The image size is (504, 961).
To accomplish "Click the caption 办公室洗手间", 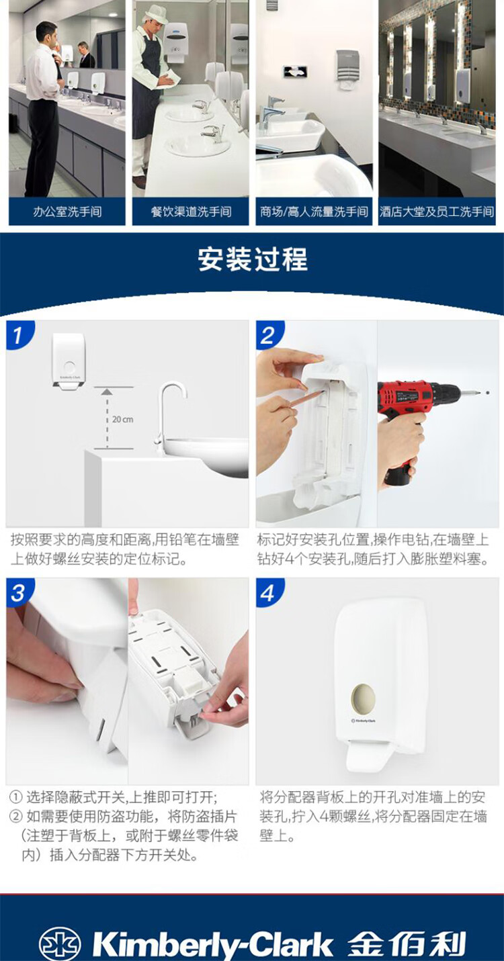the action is click(x=67, y=212).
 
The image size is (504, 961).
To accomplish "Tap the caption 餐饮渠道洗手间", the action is click(x=191, y=212).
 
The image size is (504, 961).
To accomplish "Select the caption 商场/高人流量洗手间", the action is click(x=314, y=212).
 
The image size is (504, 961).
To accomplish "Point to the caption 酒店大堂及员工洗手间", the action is click(x=437, y=212).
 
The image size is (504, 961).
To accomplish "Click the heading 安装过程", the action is click(x=253, y=259).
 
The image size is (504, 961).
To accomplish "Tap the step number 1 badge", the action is click(x=17, y=334).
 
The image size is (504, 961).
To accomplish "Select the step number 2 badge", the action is click(x=268, y=334).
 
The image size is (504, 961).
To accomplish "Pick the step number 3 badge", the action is click(x=17, y=592).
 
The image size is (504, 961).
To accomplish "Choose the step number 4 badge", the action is click(x=268, y=592).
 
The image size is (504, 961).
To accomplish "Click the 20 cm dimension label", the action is click(x=122, y=419).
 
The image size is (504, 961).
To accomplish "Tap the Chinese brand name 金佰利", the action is click(x=406, y=943).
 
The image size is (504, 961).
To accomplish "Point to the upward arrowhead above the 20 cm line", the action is click(x=107, y=392).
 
